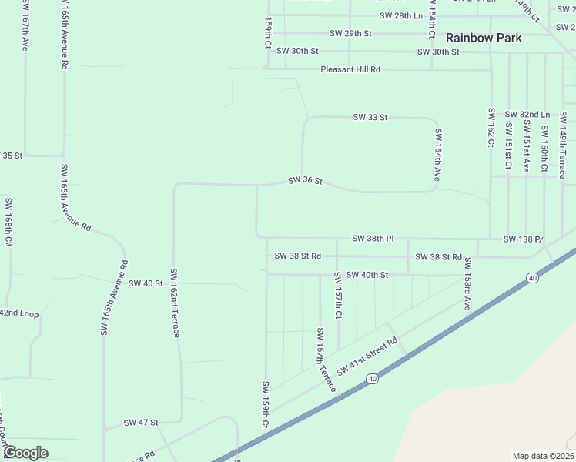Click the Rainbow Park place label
pyautogui.click(x=484, y=38)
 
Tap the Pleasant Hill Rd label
pyautogui.click(x=350, y=69)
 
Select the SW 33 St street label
pyautogui.click(x=370, y=117)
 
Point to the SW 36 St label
pyautogui.click(x=304, y=182)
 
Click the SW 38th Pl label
pyautogui.click(x=373, y=239)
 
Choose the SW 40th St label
pyautogui.click(x=367, y=275)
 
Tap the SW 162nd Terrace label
pyautogui.click(x=175, y=303)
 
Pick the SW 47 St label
pyautogui.click(x=141, y=423)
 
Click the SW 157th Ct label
pyautogui.click(x=338, y=296)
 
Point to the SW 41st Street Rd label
pyautogui.click(x=367, y=357)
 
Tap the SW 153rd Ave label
pyautogui.click(x=467, y=284)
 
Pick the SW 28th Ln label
pyautogui.click(x=401, y=15)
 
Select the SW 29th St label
pyautogui.click(x=350, y=33)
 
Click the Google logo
pyautogui.click(x=25, y=452)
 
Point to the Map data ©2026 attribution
pyautogui.click(x=543, y=456)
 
